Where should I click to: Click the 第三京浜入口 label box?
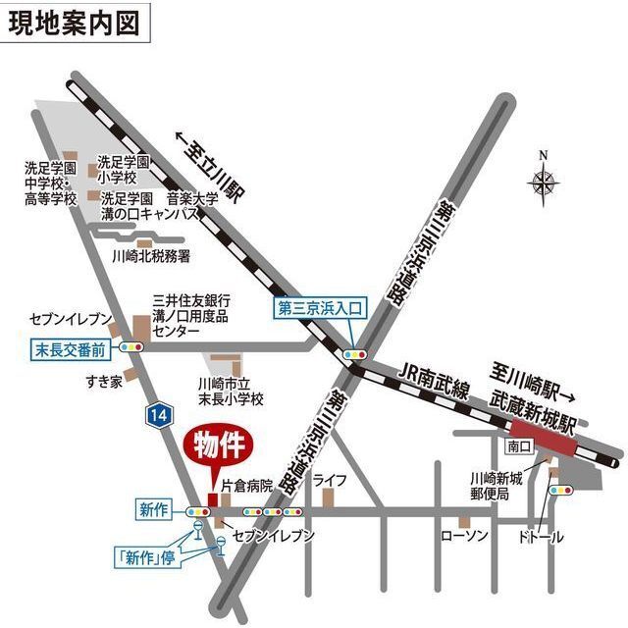318,309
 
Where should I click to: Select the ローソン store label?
464,536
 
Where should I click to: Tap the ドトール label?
540,537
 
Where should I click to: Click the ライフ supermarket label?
330,481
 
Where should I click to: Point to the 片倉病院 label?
246,485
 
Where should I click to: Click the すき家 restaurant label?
104,381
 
